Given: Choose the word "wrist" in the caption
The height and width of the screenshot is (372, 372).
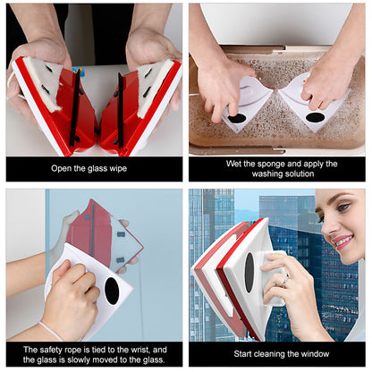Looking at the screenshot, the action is tap(140, 350).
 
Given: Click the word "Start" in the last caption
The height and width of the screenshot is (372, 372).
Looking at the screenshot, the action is tap(242, 354).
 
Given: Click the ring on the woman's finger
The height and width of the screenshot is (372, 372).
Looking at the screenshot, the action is tap(285, 282).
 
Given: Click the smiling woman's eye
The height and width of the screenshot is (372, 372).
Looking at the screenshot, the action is tap(343, 207).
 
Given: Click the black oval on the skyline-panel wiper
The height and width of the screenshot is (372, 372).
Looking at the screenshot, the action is tap(249, 273).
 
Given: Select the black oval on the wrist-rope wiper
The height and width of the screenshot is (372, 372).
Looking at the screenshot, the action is tap(112, 291).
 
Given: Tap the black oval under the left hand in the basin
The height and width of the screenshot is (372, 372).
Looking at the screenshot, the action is tap(237, 118).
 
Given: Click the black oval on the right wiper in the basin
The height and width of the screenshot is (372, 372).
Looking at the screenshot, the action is tap(315, 117).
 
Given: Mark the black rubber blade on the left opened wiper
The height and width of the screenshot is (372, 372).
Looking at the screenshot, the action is tap(74, 109).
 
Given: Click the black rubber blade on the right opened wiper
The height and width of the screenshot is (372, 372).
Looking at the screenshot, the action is tap(121, 110).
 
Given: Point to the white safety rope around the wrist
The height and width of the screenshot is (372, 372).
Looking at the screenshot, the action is tap(51, 330).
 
